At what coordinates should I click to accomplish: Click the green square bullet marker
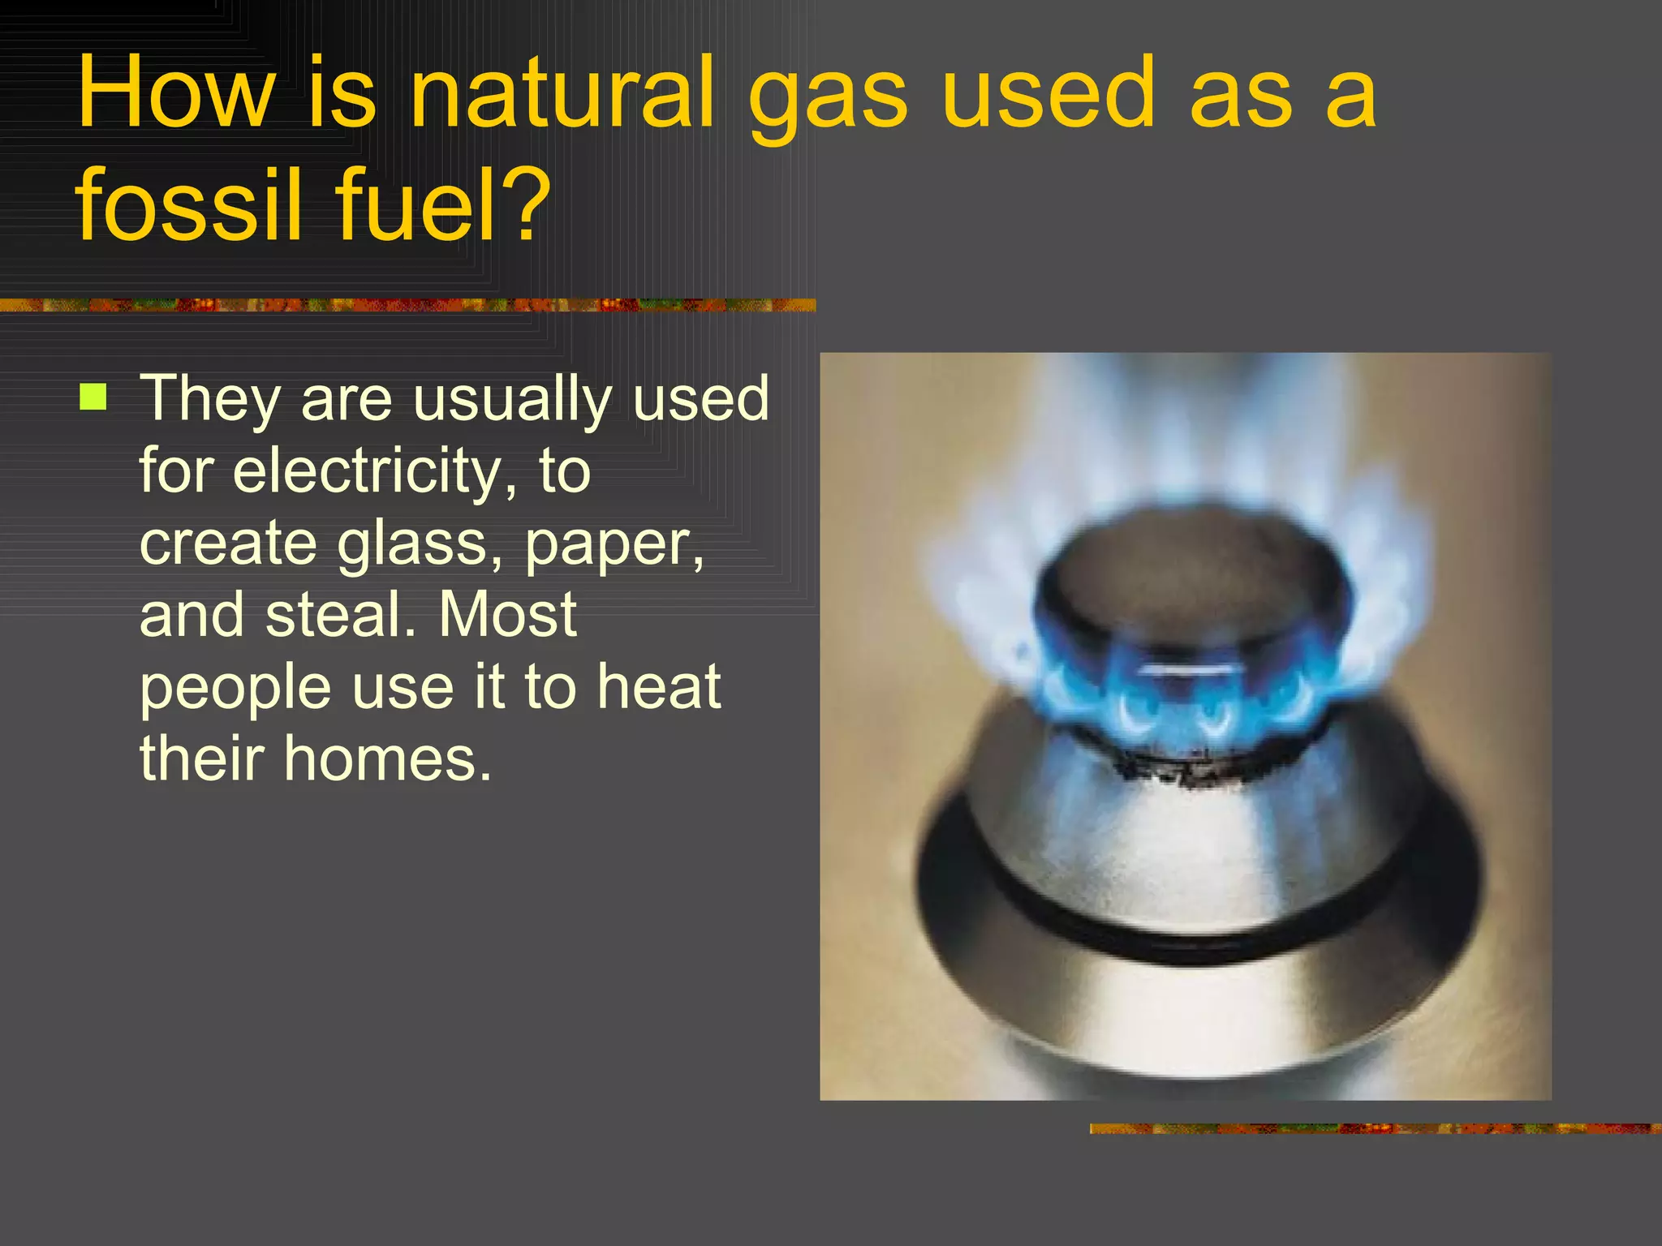pos(93,397)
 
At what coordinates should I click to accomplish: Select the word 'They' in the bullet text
pos(209,399)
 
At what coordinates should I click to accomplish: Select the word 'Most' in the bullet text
pos(507,614)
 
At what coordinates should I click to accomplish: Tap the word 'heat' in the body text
pos(658,686)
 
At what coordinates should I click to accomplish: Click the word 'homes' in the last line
pos(387,759)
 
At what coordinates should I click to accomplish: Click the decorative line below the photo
pos(1375,1128)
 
